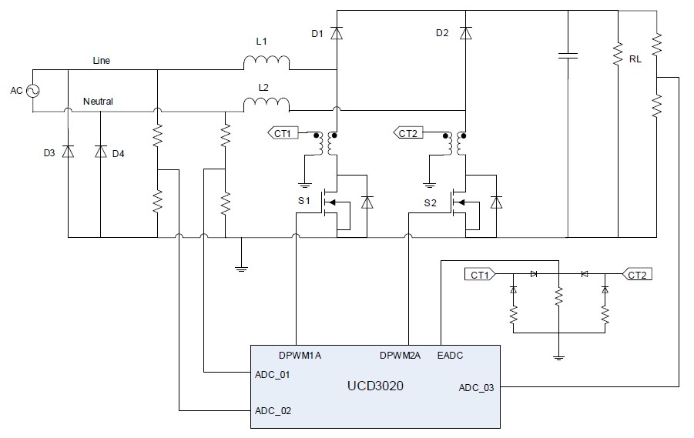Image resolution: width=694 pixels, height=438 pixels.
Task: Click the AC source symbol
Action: coord(34,91)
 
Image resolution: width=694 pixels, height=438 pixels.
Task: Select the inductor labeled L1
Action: coord(267,62)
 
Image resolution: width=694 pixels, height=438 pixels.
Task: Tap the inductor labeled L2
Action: coord(267,103)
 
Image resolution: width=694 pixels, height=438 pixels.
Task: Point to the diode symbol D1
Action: coord(337,33)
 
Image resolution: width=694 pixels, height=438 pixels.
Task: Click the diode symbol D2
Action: coord(464,33)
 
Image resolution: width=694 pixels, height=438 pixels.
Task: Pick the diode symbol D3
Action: coord(68,152)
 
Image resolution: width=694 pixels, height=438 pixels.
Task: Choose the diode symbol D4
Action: coord(100,152)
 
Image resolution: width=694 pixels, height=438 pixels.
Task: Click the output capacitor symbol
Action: coord(568,55)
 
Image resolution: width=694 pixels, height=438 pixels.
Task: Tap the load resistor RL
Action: coord(618,55)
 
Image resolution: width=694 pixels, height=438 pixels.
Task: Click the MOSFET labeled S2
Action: coord(461,203)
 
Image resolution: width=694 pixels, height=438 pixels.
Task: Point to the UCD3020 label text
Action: coord(374,383)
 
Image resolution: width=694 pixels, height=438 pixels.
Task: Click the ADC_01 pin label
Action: coord(273,375)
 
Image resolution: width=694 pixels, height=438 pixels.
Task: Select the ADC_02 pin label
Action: coord(273,411)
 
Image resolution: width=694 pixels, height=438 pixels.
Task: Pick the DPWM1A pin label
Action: coord(300,356)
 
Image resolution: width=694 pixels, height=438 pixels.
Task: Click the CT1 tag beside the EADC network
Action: coord(480,274)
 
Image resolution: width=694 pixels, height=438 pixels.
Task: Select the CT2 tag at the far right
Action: coord(638,274)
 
